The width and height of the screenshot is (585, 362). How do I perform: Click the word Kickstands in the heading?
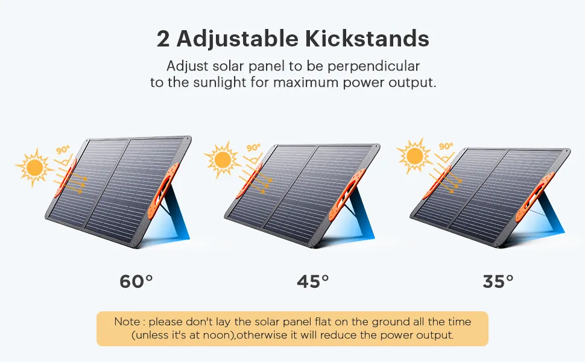pos(367,39)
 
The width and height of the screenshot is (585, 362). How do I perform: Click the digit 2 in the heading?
pos(163,39)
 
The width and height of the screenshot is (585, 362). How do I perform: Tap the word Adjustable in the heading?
pos(237,39)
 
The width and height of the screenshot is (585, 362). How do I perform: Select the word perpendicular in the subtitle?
pos(373,66)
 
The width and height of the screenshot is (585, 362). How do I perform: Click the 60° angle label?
pos(136,281)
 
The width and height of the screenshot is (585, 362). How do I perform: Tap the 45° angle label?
pos(313,281)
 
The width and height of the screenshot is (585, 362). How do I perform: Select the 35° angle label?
pos(498,281)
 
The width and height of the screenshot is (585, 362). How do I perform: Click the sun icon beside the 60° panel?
pos(34,167)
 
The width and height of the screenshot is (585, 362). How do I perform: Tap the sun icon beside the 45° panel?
pos(223,159)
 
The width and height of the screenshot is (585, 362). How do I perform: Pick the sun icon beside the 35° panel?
pos(414,156)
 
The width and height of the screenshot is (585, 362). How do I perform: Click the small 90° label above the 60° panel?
pos(63,150)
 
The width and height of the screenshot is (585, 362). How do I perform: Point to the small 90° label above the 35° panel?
pos(446,146)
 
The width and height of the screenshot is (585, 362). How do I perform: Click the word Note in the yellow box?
pos(127,322)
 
